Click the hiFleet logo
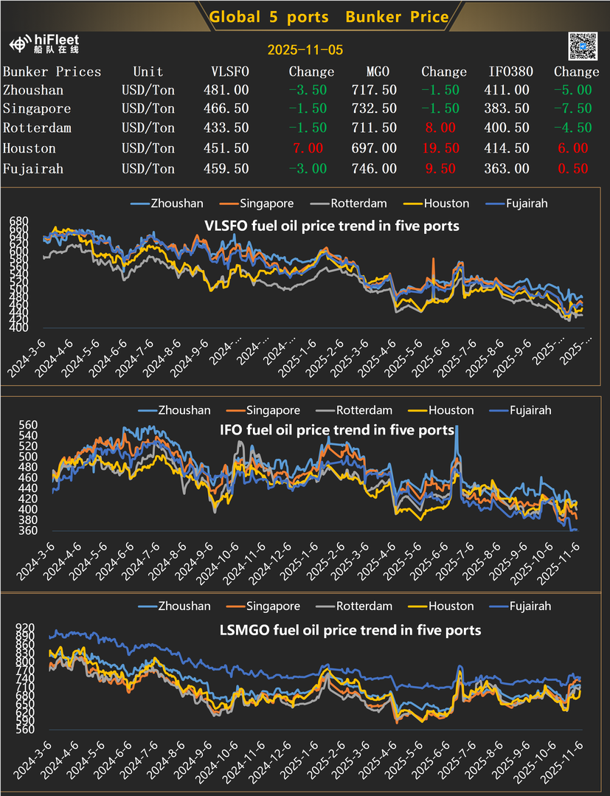[x=44, y=44]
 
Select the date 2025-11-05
[x=305, y=50]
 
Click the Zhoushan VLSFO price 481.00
[x=225, y=90]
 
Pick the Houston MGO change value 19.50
[x=440, y=148]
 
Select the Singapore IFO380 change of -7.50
[x=572, y=109]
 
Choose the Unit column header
[x=148, y=72]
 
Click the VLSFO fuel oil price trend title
[x=331, y=226]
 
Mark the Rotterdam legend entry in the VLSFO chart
[x=353, y=204]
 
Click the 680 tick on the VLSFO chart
[x=18, y=221]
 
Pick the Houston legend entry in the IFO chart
[x=448, y=410]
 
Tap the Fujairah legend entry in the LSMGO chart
[x=523, y=606]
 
